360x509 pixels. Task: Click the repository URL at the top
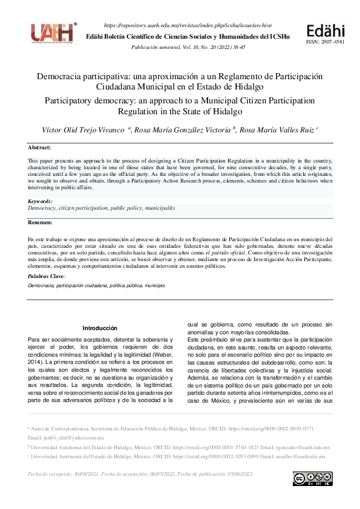[188, 25]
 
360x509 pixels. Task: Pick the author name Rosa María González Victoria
[182, 130]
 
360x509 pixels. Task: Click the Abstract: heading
[39, 148]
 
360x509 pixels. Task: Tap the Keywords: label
[41, 201]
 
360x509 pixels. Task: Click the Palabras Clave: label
[47, 276]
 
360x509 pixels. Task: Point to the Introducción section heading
[100, 328]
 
